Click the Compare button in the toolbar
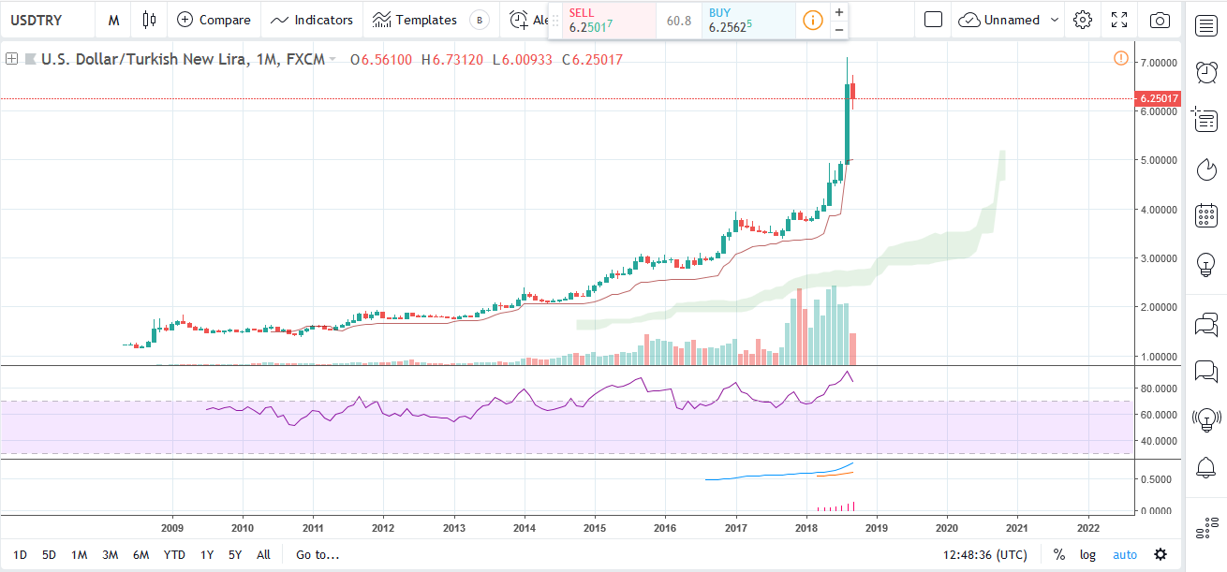click(x=214, y=20)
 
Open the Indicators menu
click(x=312, y=20)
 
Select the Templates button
click(x=415, y=20)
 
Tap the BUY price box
click(x=747, y=21)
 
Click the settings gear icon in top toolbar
click(x=1083, y=20)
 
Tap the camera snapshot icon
click(x=1160, y=20)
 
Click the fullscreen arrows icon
click(x=1119, y=20)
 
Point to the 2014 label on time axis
click(x=525, y=528)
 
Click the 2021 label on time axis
click(x=1017, y=528)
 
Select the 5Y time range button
click(x=236, y=554)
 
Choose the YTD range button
click(x=174, y=554)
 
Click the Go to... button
click(x=318, y=554)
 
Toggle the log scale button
click(x=1087, y=554)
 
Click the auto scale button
click(x=1124, y=554)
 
